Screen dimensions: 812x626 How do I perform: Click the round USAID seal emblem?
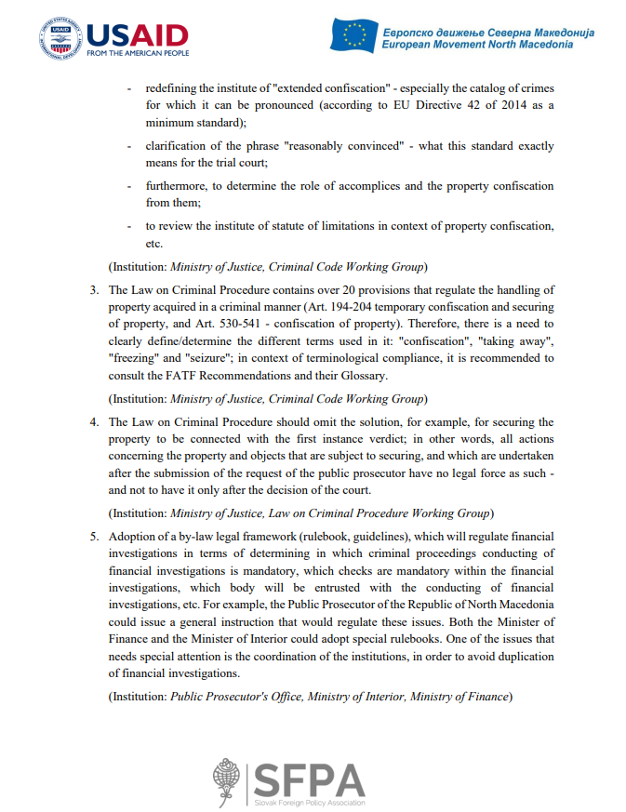click(60, 38)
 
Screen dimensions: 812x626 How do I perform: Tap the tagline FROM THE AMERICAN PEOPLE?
click(137, 54)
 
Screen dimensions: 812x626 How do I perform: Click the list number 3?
click(94, 290)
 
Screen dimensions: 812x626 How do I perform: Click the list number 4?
click(94, 421)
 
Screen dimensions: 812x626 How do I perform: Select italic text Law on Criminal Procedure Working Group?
click(377, 512)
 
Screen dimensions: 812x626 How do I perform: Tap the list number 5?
click(94, 537)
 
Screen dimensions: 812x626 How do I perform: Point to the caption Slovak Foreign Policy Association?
click(310, 803)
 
